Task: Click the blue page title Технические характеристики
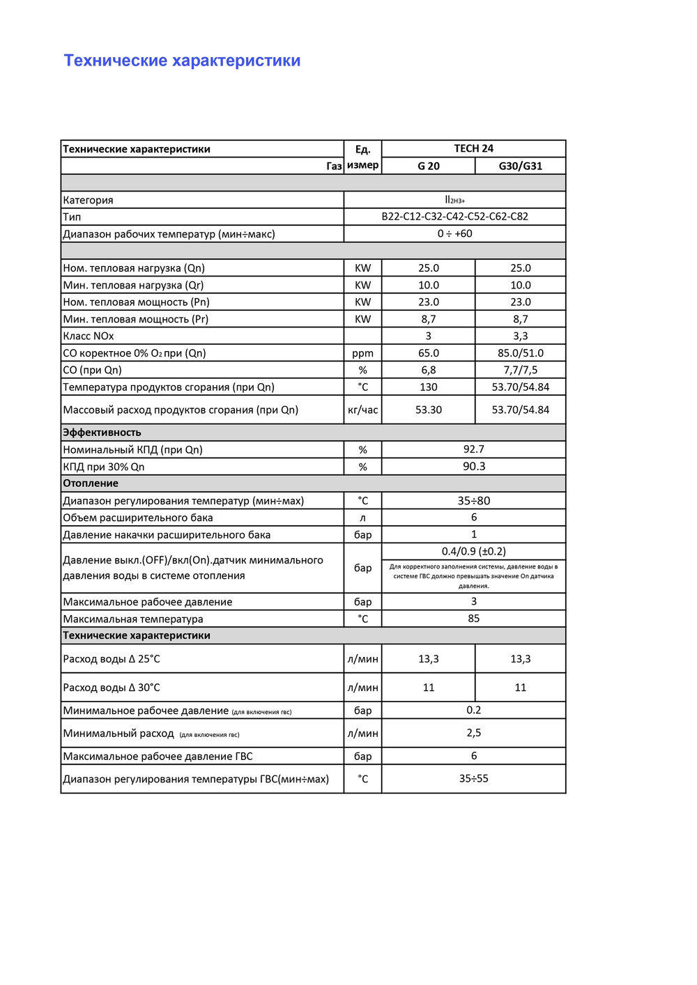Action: pos(182,61)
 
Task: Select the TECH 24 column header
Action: pos(473,148)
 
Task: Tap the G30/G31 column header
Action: pos(520,166)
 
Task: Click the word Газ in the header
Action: pos(334,166)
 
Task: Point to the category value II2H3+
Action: pos(454,200)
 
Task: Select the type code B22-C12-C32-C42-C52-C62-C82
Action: pos(454,217)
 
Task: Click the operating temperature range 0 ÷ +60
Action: pos(454,233)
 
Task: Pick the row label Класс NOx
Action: pos(89,336)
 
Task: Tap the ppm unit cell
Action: pos(362,353)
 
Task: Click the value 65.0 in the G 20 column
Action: pos(428,353)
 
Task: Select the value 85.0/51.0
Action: pos(520,353)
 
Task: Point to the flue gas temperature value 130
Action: pos(428,387)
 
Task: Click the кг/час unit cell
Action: pos(362,410)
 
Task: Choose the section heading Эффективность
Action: pos(102,433)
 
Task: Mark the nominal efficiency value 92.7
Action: pos(473,449)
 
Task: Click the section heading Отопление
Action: pos(91,483)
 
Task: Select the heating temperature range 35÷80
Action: pos(473,501)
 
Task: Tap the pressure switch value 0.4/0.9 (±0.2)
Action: pos(473,551)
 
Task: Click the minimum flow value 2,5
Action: pos(473,733)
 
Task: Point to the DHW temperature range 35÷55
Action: pos(473,778)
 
